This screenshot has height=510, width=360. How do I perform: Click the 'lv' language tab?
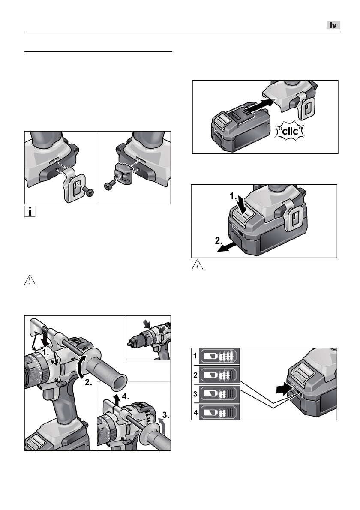pos(333,25)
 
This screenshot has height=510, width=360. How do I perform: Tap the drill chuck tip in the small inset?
pos(129,344)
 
